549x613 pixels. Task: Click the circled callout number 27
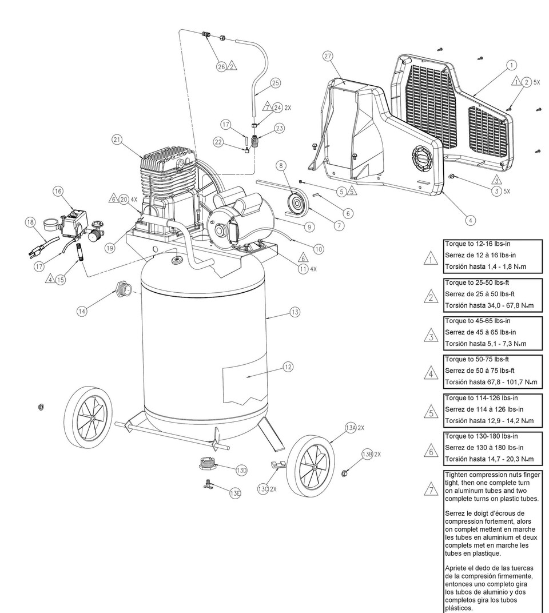click(x=328, y=56)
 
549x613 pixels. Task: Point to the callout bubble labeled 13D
click(x=241, y=470)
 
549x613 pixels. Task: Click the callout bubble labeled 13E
click(x=234, y=493)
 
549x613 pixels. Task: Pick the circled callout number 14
click(x=83, y=311)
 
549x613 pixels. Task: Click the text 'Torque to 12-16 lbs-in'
click(x=478, y=244)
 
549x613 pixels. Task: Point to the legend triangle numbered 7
click(x=431, y=488)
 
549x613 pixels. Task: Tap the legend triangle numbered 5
click(x=431, y=412)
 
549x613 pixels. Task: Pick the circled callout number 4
click(x=470, y=220)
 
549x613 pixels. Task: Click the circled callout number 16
click(x=59, y=192)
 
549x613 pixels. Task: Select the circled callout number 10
click(x=319, y=248)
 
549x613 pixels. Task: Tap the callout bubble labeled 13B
click(x=367, y=454)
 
